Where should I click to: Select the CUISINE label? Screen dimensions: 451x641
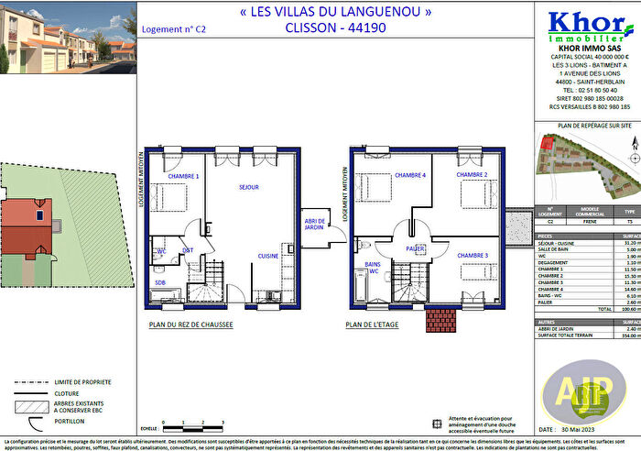tap(267, 256)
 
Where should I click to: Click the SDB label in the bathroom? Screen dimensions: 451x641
tap(160, 282)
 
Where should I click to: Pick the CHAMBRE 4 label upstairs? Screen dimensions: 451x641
tap(409, 175)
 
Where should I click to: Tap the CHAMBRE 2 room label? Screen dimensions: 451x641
tap(472, 175)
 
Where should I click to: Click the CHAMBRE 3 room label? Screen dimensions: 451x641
tap(472, 256)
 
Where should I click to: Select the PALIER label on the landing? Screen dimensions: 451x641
tap(415, 247)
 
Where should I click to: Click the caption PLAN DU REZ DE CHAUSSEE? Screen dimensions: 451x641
tap(190, 324)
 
